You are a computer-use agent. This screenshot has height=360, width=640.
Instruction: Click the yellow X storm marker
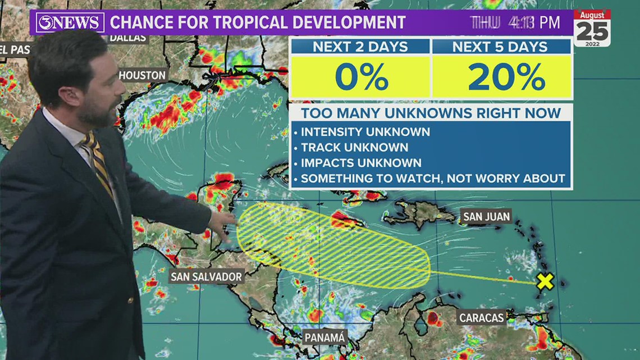[x=545, y=281]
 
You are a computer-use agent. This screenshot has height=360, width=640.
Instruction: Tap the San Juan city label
[x=486, y=216]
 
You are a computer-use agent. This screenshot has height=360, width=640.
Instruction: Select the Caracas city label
[x=481, y=317]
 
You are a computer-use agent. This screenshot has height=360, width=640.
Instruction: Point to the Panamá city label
[x=324, y=337]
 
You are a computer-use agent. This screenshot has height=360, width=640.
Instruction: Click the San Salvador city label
[x=207, y=276]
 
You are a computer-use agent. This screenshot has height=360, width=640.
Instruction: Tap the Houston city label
[x=142, y=75]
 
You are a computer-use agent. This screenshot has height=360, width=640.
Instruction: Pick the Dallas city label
[x=128, y=38]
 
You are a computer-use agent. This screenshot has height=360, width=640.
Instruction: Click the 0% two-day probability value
[x=361, y=78]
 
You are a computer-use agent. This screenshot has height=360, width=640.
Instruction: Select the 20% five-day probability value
[x=502, y=78]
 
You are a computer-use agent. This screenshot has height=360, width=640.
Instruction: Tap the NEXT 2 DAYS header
[x=360, y=47]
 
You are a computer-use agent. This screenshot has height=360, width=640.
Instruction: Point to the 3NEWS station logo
[x=70, y=23]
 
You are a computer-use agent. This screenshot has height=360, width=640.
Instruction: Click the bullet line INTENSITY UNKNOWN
[x=365, y=132]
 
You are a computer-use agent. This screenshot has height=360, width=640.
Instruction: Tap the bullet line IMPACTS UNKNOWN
[x=361, y=163]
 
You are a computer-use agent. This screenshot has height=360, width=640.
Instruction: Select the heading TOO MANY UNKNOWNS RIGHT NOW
[x=431, y=113]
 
